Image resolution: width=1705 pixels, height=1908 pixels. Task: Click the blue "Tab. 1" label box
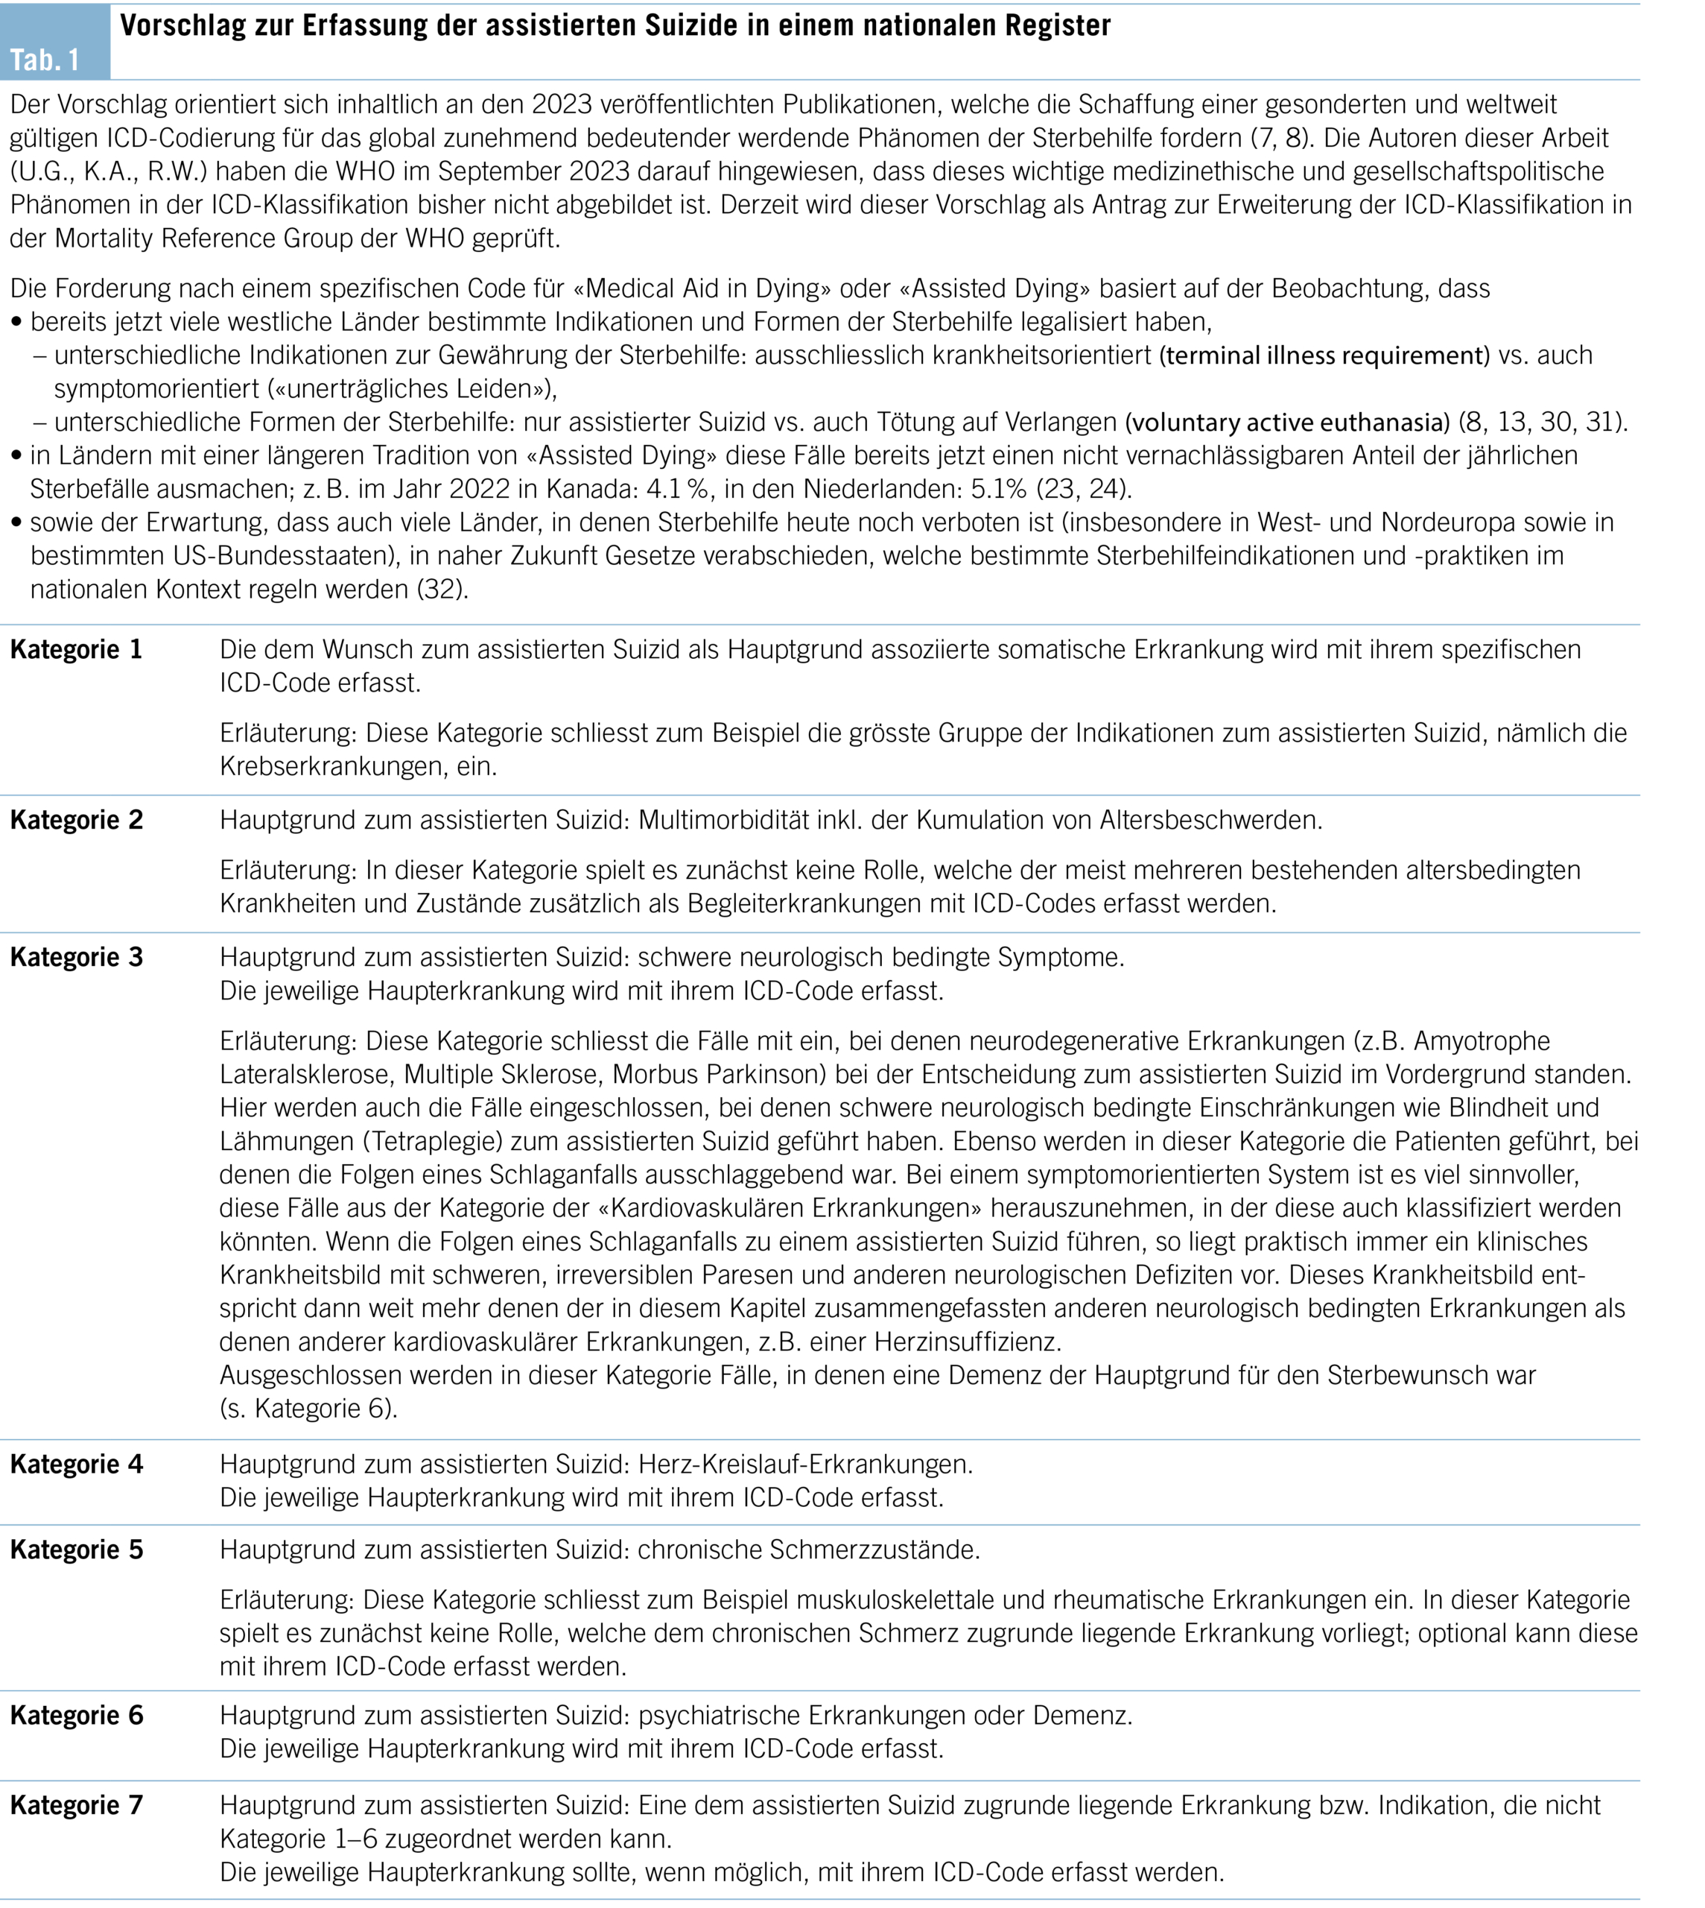54,43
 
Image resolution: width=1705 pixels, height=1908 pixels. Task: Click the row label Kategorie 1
76,651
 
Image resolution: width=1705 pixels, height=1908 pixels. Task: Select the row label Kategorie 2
76,820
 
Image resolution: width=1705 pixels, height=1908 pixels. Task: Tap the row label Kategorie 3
76,958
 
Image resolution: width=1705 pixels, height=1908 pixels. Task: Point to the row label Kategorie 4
76,1465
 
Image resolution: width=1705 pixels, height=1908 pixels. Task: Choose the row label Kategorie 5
76,1550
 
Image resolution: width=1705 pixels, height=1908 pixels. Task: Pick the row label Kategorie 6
76,1716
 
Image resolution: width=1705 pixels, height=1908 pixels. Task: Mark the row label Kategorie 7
76,1806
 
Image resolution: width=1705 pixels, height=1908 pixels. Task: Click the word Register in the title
1058,25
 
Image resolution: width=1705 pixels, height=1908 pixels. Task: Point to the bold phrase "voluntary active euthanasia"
1288,423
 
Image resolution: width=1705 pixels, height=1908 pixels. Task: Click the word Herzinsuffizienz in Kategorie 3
968,1342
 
